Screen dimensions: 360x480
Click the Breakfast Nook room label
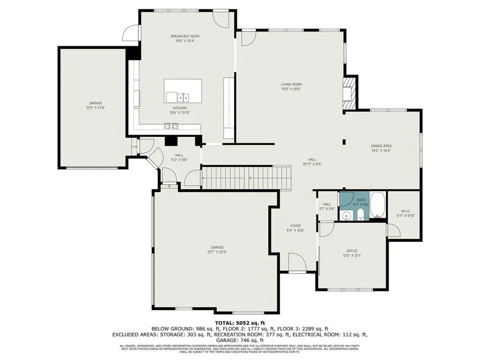click(182, 36)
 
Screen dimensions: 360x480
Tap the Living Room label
click(291, 84)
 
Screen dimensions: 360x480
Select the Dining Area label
click(381, 146)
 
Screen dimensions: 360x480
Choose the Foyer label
click(295, 225)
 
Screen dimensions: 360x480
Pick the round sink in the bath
click(346, 216)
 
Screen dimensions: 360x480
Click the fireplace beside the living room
click(348, 92)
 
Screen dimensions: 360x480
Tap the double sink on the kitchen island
click(183, 97)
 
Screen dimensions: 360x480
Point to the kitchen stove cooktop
click(171, 126)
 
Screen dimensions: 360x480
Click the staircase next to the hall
click(247, 178)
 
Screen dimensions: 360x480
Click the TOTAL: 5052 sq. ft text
click(240, 322)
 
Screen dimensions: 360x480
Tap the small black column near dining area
click(344, 142)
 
